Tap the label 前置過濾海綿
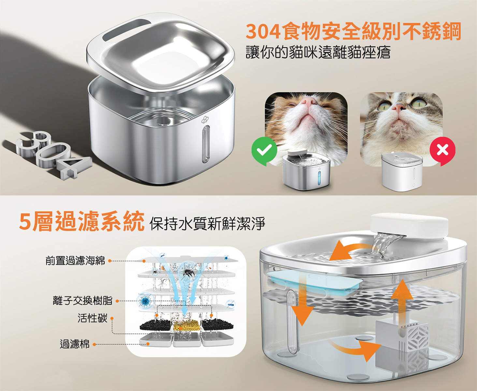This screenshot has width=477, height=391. pyautogui.click(x=75, y=261)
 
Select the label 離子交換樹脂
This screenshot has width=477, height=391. pyautogui.click(x=82, y=300)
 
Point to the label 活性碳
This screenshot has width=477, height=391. pyautogui.click(x=93, y=318)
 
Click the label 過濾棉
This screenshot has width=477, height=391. pyautogui.click(x=75, y=344)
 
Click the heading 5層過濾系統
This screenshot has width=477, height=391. pyautogui.click(x=82, y=221)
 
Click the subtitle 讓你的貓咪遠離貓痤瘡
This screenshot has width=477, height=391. pyautogui.click(x=318, y=52)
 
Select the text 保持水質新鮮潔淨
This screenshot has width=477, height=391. pyautogui.click(x=207, y=224)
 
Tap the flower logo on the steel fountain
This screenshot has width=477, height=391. pyautogui.click(x=205, y=120)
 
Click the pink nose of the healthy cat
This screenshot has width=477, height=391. pyautogui.click(x=308, y=101)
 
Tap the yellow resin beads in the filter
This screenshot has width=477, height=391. pyautogui.click(x=187, y=325)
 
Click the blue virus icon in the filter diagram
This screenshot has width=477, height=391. pyautogui.click(x=144, y=301)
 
